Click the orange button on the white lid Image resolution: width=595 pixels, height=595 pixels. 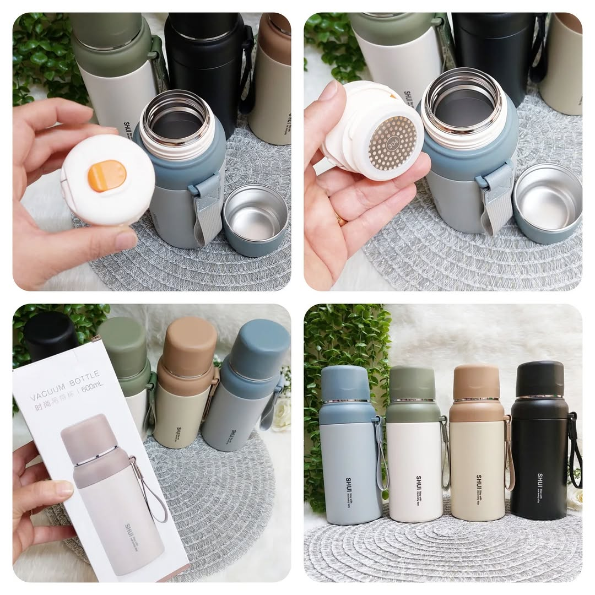point(107,176)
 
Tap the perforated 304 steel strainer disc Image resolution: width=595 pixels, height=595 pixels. point(392,143)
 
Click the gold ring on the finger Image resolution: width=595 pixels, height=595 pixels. point(341,219)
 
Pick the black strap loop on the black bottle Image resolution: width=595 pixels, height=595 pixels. point(575,452)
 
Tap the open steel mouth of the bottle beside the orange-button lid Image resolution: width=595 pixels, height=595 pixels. point(176,118)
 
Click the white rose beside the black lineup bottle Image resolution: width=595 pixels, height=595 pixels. point(576,499)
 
